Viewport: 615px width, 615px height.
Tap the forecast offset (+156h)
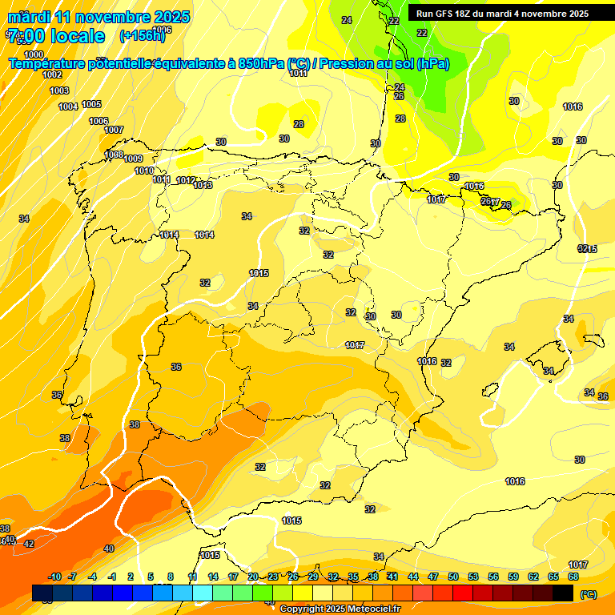tap(142, 36)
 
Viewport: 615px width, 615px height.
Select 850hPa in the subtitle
tap(262, 64)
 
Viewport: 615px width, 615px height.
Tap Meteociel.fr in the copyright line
tap(367, 609)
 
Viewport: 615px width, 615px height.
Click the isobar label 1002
tap(52, 74)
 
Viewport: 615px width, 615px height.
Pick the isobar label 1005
tap(91, 105)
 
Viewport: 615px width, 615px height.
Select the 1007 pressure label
tap(114, 130)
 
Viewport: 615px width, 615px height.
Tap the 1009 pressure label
tap(133, 159)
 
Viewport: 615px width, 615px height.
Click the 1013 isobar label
tap(203, 186)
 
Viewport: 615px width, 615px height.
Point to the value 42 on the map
tap(29, 544)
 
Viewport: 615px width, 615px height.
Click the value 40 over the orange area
tap(109, 549)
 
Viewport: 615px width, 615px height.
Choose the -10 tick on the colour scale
tap(54, 577)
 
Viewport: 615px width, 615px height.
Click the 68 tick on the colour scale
tap(573, 577)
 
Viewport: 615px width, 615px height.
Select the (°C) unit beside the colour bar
tap(589, 594)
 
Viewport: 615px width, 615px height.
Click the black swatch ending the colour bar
tap(563, 593)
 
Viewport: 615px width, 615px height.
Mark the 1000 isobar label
tap(34, 54)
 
